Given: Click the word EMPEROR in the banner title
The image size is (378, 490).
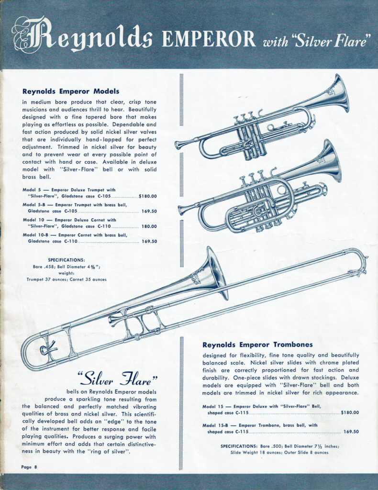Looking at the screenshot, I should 209,39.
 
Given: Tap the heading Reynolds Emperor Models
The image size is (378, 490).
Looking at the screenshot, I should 71,91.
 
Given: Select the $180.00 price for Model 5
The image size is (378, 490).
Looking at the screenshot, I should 147,196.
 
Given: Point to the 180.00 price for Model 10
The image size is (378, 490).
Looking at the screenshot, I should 149,226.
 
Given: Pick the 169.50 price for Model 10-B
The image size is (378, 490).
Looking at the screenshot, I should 149,241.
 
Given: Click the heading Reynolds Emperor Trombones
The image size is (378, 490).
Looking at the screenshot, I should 257,345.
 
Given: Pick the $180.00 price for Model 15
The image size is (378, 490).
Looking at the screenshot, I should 350,412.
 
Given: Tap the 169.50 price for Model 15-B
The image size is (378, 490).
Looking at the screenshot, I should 351,431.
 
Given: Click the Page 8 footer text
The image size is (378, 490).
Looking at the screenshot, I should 29,466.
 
